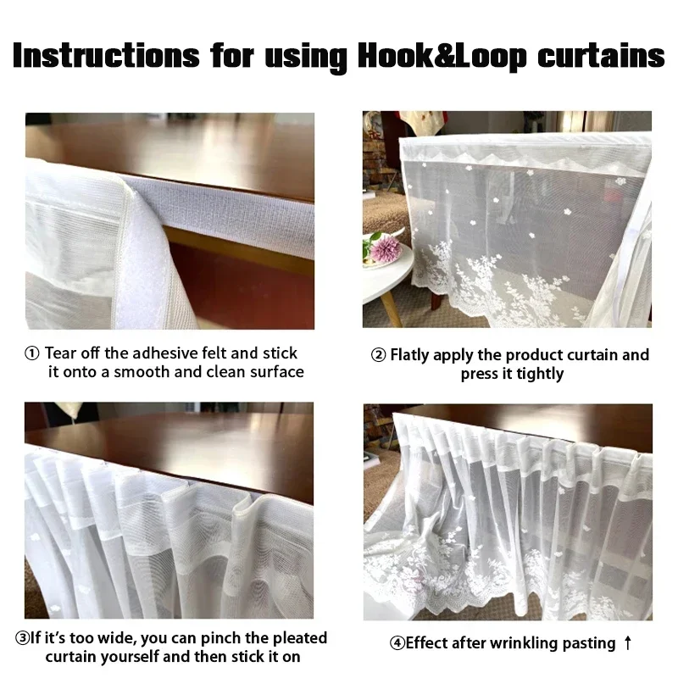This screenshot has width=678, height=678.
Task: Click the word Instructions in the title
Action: (x=107, y=55)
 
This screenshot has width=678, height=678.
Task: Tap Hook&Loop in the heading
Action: (x=442, y=57)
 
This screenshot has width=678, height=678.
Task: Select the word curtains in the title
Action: (x=601, y=55)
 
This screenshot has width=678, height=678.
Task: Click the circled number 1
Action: (x=32, y=353)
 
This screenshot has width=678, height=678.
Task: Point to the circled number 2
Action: (x=378, y=355)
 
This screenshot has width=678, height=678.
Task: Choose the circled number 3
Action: (x=22, y=638)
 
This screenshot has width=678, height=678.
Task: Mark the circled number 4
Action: (x=397, y=643)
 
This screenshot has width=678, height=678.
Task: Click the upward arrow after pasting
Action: (x=628, y=643)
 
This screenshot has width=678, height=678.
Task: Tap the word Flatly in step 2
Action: (x=409, y=355)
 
